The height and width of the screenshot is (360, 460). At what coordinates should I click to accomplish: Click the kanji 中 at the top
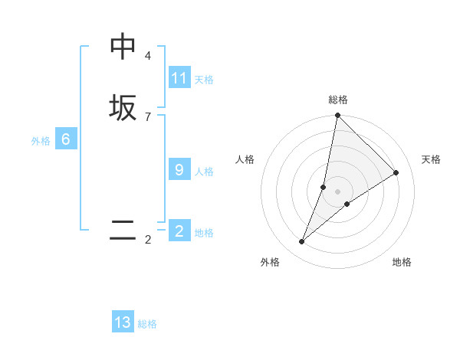[x=123, y=47]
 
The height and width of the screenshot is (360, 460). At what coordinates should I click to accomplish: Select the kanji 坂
[x=123, y=107]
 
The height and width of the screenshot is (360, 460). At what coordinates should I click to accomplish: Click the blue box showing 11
[x=179, y=78]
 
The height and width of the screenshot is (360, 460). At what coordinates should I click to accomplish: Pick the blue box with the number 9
[x=179, y=170]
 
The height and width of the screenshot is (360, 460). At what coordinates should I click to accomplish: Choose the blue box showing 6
[x=66, y=139]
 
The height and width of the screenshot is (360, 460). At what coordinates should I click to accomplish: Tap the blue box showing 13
[x=123, y=322]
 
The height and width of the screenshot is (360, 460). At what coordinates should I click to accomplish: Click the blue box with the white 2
[x=179, y=231]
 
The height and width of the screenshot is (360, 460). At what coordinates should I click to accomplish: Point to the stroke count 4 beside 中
[x=148, y=56]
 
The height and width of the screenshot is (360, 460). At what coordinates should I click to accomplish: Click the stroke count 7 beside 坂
[x=148, y=116]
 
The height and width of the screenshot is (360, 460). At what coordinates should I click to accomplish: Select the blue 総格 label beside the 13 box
[x=147, y=324]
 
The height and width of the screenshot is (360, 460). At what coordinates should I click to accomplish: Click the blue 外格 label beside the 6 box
[x=41, y=141]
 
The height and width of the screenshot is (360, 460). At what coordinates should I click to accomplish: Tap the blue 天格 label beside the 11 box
[x=204, y=80]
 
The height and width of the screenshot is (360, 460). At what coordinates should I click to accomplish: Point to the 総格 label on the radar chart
[x=338, y=100]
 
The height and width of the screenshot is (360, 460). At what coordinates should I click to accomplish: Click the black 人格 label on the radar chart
[x=245, y=159]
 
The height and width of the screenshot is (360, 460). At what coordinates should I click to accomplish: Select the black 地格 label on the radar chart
[x=402, y=262]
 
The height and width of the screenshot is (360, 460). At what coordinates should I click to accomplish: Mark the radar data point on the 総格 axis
[x=337, y=116]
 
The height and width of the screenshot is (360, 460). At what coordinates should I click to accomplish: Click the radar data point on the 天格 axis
[x=396, y=172]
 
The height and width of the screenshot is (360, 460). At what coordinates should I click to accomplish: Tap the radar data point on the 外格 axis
[x=302, y=242]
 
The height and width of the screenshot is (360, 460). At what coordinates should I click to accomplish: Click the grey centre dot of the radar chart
[x=337, y=191]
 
